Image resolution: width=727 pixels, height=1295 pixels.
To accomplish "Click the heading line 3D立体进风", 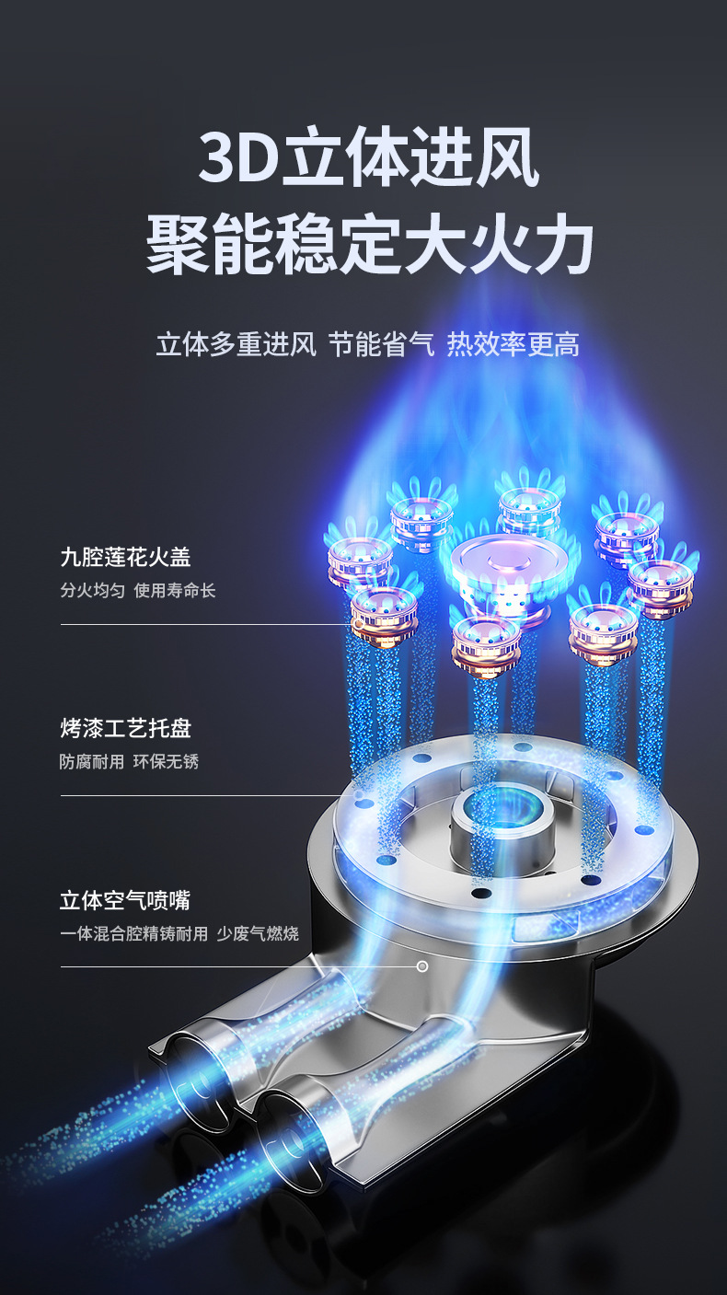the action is (x=368, y=158).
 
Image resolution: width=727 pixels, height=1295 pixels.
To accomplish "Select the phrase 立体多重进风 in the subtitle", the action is (x=236, y=345).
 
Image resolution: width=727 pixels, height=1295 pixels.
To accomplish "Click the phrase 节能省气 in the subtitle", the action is (x=381, y=345).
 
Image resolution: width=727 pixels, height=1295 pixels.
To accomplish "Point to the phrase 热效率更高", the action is (x=514, y=345).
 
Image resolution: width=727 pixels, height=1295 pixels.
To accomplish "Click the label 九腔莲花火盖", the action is (x=125, y=557).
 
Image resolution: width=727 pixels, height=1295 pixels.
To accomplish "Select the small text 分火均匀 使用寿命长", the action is (x=138, y=590).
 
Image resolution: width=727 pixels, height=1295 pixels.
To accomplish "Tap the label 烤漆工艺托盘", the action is (x=125, y=729).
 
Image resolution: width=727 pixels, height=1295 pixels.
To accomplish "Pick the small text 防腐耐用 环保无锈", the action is (x=129, y=762).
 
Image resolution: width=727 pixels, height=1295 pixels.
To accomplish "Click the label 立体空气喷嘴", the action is (x=125, y=900).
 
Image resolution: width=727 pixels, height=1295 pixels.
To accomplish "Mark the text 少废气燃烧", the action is (x=259, y=934).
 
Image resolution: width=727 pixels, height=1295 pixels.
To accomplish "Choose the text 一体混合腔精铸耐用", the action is (x=134, y=934).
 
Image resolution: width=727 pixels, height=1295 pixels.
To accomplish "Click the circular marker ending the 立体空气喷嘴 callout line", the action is (x=422, y=966).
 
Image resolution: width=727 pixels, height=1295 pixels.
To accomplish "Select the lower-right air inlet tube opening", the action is (x=276, y=1146).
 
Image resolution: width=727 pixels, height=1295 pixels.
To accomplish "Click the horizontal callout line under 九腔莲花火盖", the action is (x=202, y=624).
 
